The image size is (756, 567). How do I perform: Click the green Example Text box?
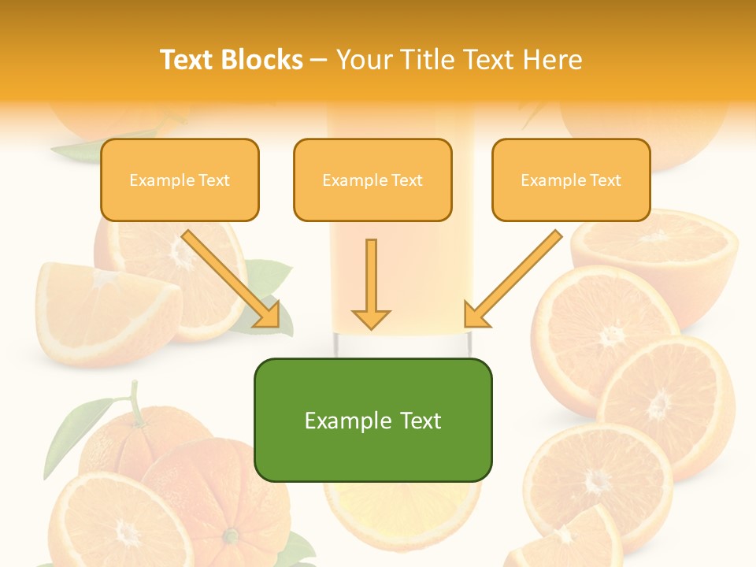tap(372, 420)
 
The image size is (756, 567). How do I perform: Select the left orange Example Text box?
tap(180, 180)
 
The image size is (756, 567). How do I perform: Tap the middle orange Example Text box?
tap(372, 180)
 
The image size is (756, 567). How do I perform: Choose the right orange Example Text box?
tap(571, 180)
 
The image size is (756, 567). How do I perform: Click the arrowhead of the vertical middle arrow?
tap(371, 318)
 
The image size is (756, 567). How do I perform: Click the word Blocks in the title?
tap(263, 60)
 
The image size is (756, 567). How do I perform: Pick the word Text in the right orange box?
tap(605, 180)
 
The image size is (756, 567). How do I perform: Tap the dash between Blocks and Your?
tap(320, 60)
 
